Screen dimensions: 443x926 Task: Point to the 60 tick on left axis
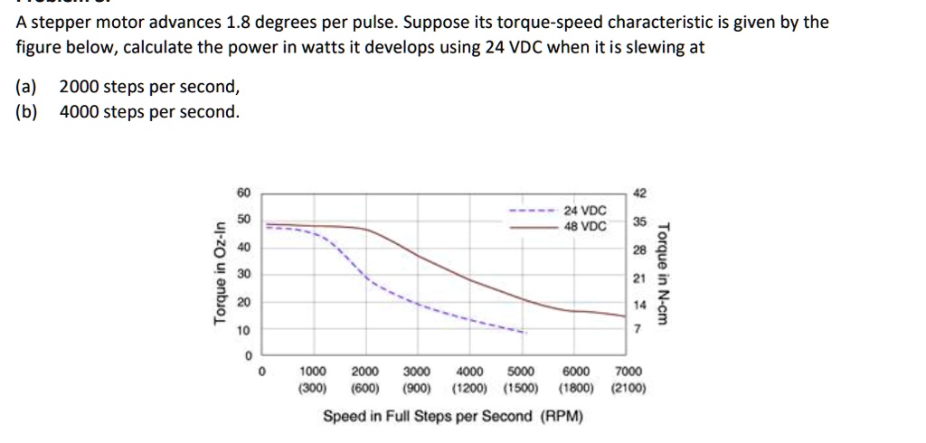241,193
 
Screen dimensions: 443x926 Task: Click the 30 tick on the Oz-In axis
241,274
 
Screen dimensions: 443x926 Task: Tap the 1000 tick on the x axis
313,372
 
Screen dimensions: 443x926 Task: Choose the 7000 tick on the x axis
628,372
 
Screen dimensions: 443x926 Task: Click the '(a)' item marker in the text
25,88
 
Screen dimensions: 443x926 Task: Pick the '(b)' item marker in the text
25,112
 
